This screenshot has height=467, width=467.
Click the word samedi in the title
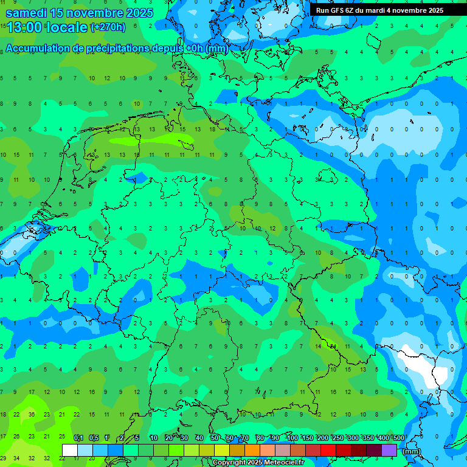26,13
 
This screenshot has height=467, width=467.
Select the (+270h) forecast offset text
108,27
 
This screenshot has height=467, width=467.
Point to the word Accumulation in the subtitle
37,49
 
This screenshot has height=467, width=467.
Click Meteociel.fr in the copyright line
275,463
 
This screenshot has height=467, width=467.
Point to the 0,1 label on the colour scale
78,438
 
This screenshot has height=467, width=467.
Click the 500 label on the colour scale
398,438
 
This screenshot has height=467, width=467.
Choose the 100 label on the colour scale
292,438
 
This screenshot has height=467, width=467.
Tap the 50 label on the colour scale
215,438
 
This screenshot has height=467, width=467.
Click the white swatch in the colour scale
70,450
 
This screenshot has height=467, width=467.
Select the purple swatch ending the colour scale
389,450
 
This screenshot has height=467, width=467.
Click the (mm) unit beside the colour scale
412,451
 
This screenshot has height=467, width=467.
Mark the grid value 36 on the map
32,414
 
